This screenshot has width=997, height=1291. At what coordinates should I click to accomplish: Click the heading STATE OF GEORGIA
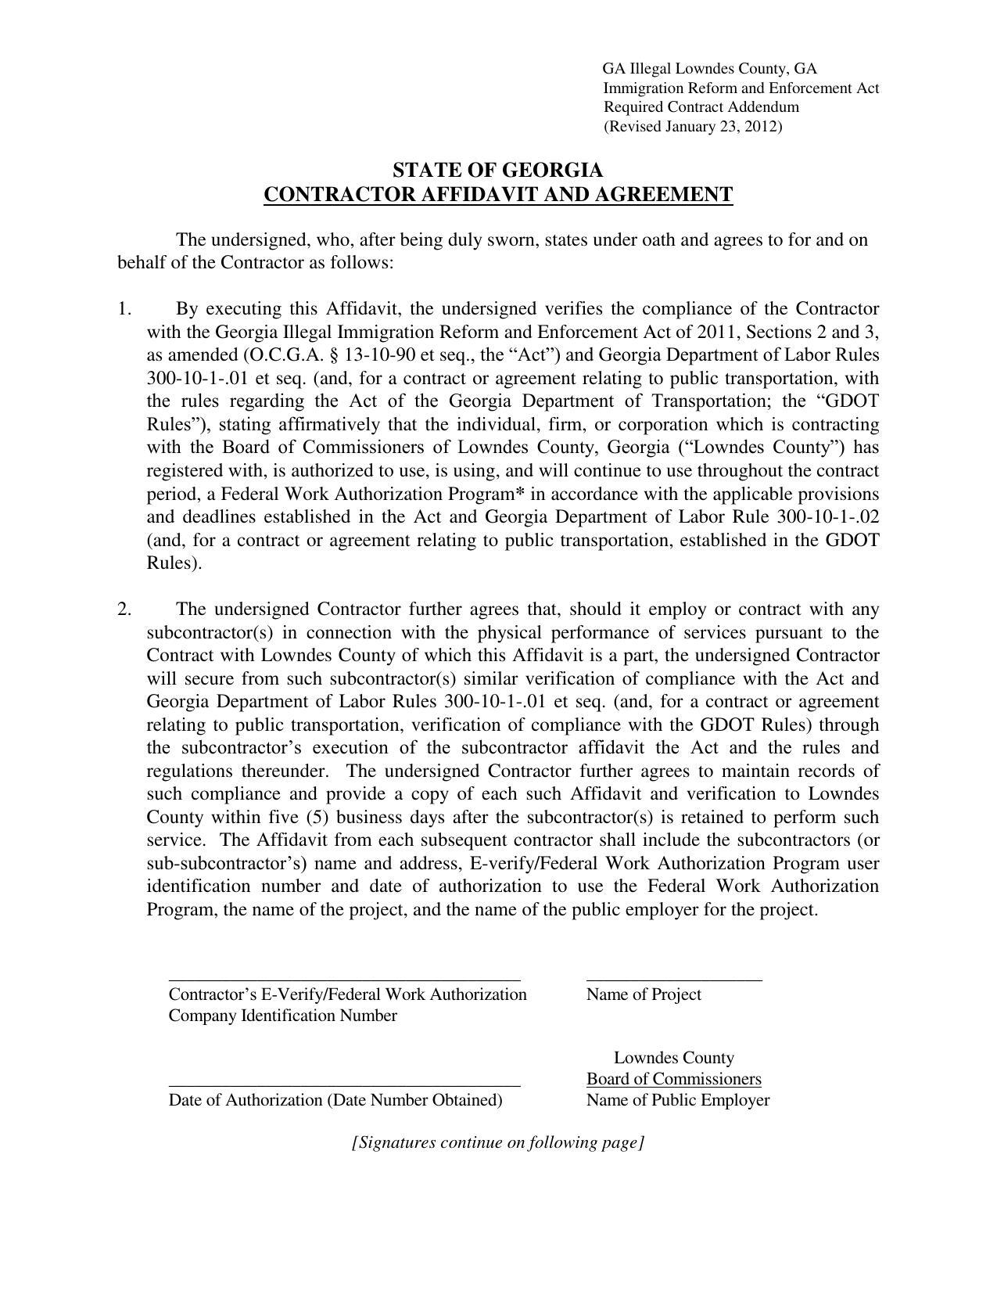pos(497,171)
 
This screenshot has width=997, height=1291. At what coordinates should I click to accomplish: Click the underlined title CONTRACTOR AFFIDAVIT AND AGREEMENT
pos(497,194)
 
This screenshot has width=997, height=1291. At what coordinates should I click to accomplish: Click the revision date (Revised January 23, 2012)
pos(692,127)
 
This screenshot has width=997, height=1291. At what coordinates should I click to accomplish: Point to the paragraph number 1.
pos(124,308)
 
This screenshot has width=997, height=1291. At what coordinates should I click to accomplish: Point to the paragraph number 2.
pos(124,609)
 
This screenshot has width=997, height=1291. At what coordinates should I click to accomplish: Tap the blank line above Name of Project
pos(673,980)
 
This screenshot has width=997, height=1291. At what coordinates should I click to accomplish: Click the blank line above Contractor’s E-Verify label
pos(344,980)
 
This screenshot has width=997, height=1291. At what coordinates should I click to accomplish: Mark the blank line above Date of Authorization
pos(344,1085)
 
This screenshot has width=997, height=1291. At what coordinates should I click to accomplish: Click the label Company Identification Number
pos(282,1016)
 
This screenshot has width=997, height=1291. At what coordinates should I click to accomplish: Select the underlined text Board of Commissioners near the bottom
pos(673,1079)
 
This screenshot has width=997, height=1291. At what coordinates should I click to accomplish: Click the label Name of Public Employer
pos(677,1100)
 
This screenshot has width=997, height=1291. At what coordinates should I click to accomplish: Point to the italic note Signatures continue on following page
pos(497,1142)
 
